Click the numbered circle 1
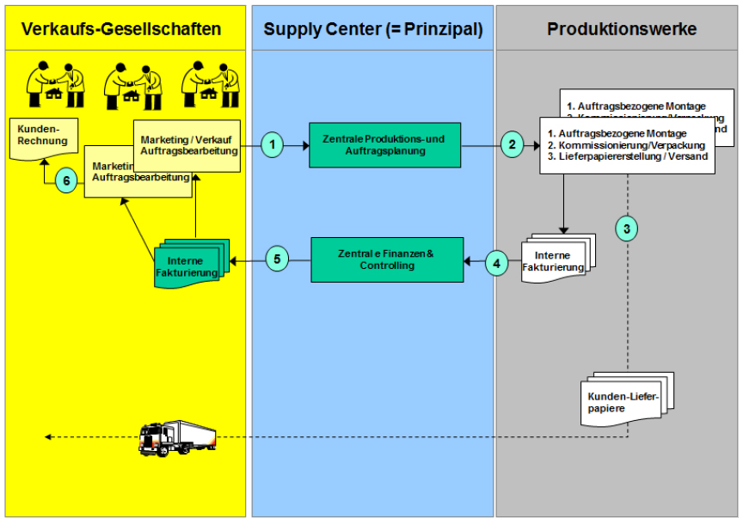point(272,145)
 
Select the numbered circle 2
point(512,145)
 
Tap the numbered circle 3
point(628,228)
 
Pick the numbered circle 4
point(497,261)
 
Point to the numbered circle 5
point(276,259)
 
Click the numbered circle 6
point(65,180)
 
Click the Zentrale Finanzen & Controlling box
point(387,259)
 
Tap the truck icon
point(177,437)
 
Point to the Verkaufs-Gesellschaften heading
point(121,29)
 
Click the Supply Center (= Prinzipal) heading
point(372,29)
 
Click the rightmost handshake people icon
point(211,84)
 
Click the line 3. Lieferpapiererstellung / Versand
point(628,157)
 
